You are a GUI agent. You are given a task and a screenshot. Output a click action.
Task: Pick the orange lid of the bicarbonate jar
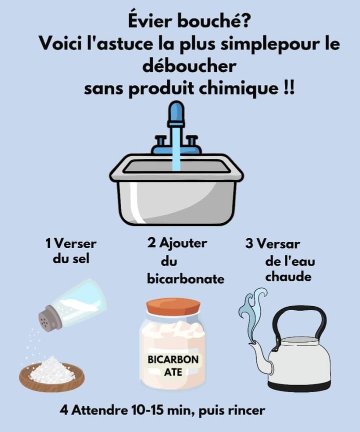tap(173, 306)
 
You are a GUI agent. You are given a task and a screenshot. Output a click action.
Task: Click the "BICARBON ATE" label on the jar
tap(173, 365)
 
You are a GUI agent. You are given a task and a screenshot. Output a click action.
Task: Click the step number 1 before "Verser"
tap(48, 244)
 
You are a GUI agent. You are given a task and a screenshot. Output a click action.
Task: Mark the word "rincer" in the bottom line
tap(245, 411)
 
